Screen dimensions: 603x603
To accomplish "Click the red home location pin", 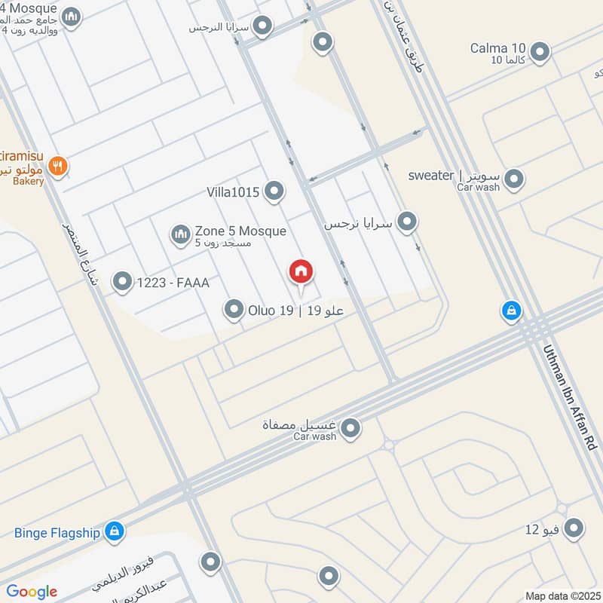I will click(301, 272).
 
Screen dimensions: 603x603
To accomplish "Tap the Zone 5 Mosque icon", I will click(180, 236).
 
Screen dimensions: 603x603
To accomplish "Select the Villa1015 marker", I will click(274, 192).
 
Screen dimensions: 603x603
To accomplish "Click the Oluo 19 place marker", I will click(234, 309).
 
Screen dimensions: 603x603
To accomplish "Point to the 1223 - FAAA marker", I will click(121, 283).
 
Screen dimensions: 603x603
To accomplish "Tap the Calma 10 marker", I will click(540, 52).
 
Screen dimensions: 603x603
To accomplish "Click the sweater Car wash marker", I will click(514, 179).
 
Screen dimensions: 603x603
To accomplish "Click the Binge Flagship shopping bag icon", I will click(115, 532).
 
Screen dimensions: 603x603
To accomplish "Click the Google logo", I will click(32, 592).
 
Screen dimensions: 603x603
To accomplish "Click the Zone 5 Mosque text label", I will click(240, 231).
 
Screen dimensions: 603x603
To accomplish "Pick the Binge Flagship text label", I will click(57, 533).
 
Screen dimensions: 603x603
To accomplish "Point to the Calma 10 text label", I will click(497, 48).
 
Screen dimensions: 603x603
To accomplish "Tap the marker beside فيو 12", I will click(574, 528).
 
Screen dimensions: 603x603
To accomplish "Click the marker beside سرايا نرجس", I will click(407, 222).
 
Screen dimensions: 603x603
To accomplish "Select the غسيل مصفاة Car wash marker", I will click(350, 429).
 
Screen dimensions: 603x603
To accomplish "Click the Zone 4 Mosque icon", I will click(71, 17).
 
